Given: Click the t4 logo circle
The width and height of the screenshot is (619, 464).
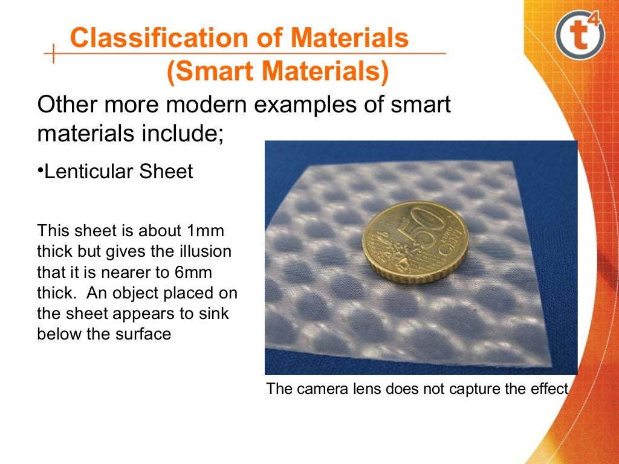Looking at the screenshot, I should [x=578, y=38].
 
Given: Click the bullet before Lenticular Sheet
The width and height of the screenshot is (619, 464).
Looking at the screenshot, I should [x=41, y=170].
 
